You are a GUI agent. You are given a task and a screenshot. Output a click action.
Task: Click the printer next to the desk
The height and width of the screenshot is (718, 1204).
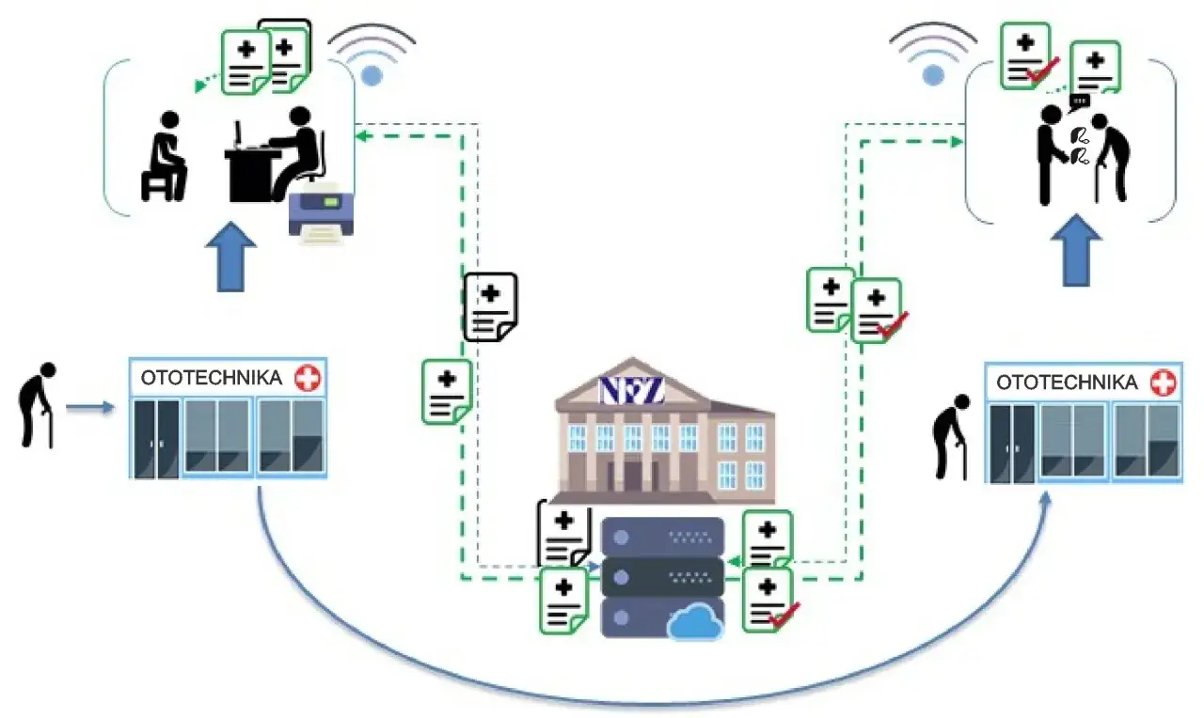(x=321, y=213)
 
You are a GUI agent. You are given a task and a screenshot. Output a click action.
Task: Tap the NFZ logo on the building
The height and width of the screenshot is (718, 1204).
(x=632, y=390)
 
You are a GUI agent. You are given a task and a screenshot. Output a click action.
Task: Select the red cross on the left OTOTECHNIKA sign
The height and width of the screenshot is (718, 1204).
(x=308, y=378)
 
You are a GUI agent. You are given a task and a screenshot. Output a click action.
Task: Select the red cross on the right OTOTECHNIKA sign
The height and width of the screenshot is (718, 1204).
(x=1164, y=382)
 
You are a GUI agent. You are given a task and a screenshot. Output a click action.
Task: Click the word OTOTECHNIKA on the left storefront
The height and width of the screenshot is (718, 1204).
(x=212, y=378)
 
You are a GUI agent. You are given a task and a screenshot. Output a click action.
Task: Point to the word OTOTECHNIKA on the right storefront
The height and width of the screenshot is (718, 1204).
(x=1067, y=382)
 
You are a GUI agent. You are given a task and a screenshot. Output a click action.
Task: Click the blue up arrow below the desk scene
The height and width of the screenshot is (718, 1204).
(x=230, y=257)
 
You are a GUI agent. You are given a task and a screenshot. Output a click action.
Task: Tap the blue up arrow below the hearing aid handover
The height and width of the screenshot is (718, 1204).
(x=1077, y=250)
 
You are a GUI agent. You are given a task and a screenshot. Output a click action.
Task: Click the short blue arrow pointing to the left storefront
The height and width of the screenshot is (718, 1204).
(x=90, y=408)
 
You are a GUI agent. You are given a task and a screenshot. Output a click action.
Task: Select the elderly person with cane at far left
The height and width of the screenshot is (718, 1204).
(x=37, y=405)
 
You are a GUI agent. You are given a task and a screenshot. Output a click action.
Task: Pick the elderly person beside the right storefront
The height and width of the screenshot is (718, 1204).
(x=951, y=436)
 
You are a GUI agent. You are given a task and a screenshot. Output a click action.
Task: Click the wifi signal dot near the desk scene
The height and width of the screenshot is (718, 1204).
(x=372, y=76)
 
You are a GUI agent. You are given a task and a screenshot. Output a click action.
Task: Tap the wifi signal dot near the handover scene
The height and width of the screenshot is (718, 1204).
(x=933, y=74)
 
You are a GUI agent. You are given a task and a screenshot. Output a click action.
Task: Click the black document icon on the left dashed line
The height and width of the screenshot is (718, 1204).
(x=490, y=307)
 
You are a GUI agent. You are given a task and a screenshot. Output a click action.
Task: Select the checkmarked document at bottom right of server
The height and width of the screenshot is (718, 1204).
(x=770, y=600)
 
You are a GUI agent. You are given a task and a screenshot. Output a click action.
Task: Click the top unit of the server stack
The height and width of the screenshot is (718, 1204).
(x=663, y=536)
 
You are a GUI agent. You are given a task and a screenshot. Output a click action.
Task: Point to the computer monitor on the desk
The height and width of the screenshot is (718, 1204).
(x=238, y=134)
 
